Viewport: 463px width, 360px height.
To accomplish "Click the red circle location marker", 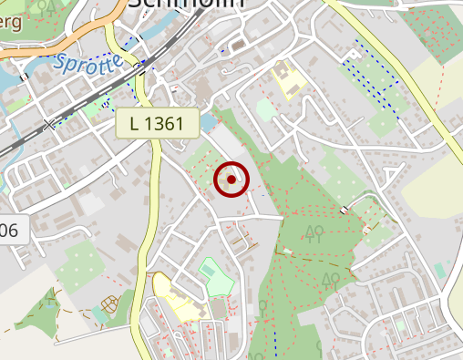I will coord(231,180).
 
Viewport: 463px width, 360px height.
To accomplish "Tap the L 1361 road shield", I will coord(158,123).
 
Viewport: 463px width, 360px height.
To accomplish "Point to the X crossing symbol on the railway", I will coord(49,124).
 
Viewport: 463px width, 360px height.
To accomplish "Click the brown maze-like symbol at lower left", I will coord(111,303).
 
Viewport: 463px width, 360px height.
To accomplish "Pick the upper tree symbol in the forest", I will coord(314,232).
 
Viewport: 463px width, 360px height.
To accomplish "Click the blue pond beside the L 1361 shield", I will coord(211,122).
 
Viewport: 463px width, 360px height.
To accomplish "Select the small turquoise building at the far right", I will coord(439,270).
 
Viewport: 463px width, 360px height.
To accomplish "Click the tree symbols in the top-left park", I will coord(49,6).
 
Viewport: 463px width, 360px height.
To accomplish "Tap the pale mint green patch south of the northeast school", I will coord(265,110).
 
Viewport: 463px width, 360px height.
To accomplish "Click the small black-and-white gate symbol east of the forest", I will coord(345,211).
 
